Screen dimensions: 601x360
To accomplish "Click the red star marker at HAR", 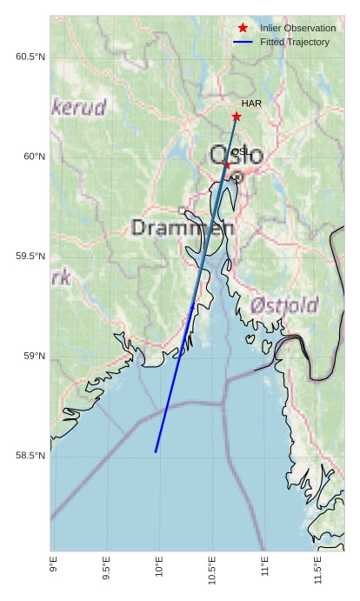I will [237, 117].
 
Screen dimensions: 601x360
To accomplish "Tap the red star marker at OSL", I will [227, 164].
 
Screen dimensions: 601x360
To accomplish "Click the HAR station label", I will [251, 104].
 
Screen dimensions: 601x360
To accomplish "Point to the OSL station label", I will [239, 151].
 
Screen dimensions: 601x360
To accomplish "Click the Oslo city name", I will [237, 156].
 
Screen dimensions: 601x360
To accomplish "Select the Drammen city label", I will [183, 228].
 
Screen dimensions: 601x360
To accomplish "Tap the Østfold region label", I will [284, 306].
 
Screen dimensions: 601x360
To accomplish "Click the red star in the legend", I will [243, 28].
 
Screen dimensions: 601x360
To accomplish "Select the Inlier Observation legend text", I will [297, 29].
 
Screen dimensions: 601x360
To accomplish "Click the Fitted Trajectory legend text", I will [295, 42].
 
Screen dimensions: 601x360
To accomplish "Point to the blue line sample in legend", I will [243, 42].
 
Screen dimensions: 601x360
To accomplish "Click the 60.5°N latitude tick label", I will [30, 57].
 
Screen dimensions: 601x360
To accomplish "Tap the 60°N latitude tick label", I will [34, 157].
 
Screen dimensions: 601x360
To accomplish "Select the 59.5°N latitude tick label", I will [30, 257].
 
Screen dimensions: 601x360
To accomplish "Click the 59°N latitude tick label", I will [34, 356].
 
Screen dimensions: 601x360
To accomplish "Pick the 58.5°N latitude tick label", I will [30, 456].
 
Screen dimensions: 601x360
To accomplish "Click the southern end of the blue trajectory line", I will [156, 451].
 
